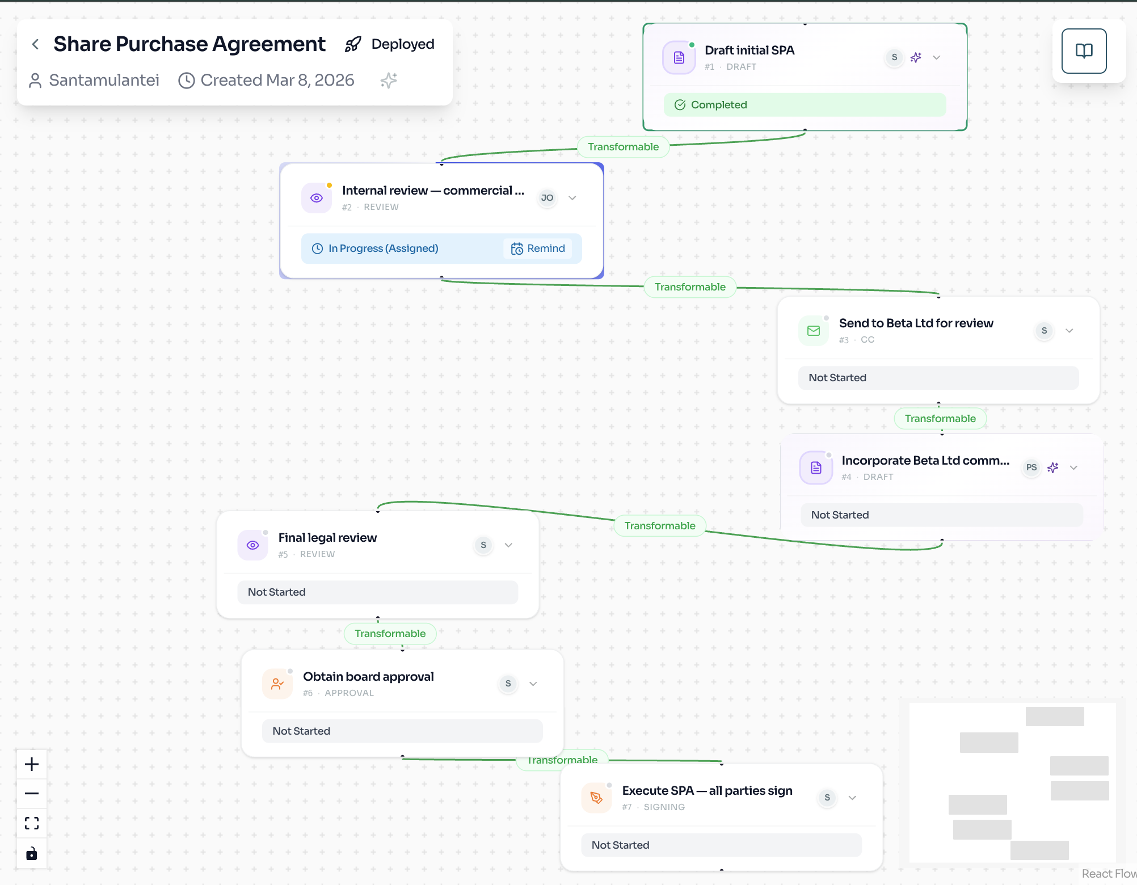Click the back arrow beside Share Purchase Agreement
point(36,44)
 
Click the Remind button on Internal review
point(538,248)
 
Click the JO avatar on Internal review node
point(547,198)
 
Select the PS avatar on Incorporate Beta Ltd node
point(1031,467)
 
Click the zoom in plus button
point(32,764)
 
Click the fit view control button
point(32,823)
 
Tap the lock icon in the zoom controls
point(32,853)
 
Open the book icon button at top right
point(1084,51)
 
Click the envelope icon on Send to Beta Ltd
point(814,331)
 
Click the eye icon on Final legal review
point(253,545)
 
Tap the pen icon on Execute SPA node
point(596,798)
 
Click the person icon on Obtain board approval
point(277,684)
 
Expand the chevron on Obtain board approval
point(533,684)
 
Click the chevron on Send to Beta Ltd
point(1069,331)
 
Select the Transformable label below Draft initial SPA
point(623,147)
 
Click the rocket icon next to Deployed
point(353,44)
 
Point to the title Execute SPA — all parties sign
point(707,791)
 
